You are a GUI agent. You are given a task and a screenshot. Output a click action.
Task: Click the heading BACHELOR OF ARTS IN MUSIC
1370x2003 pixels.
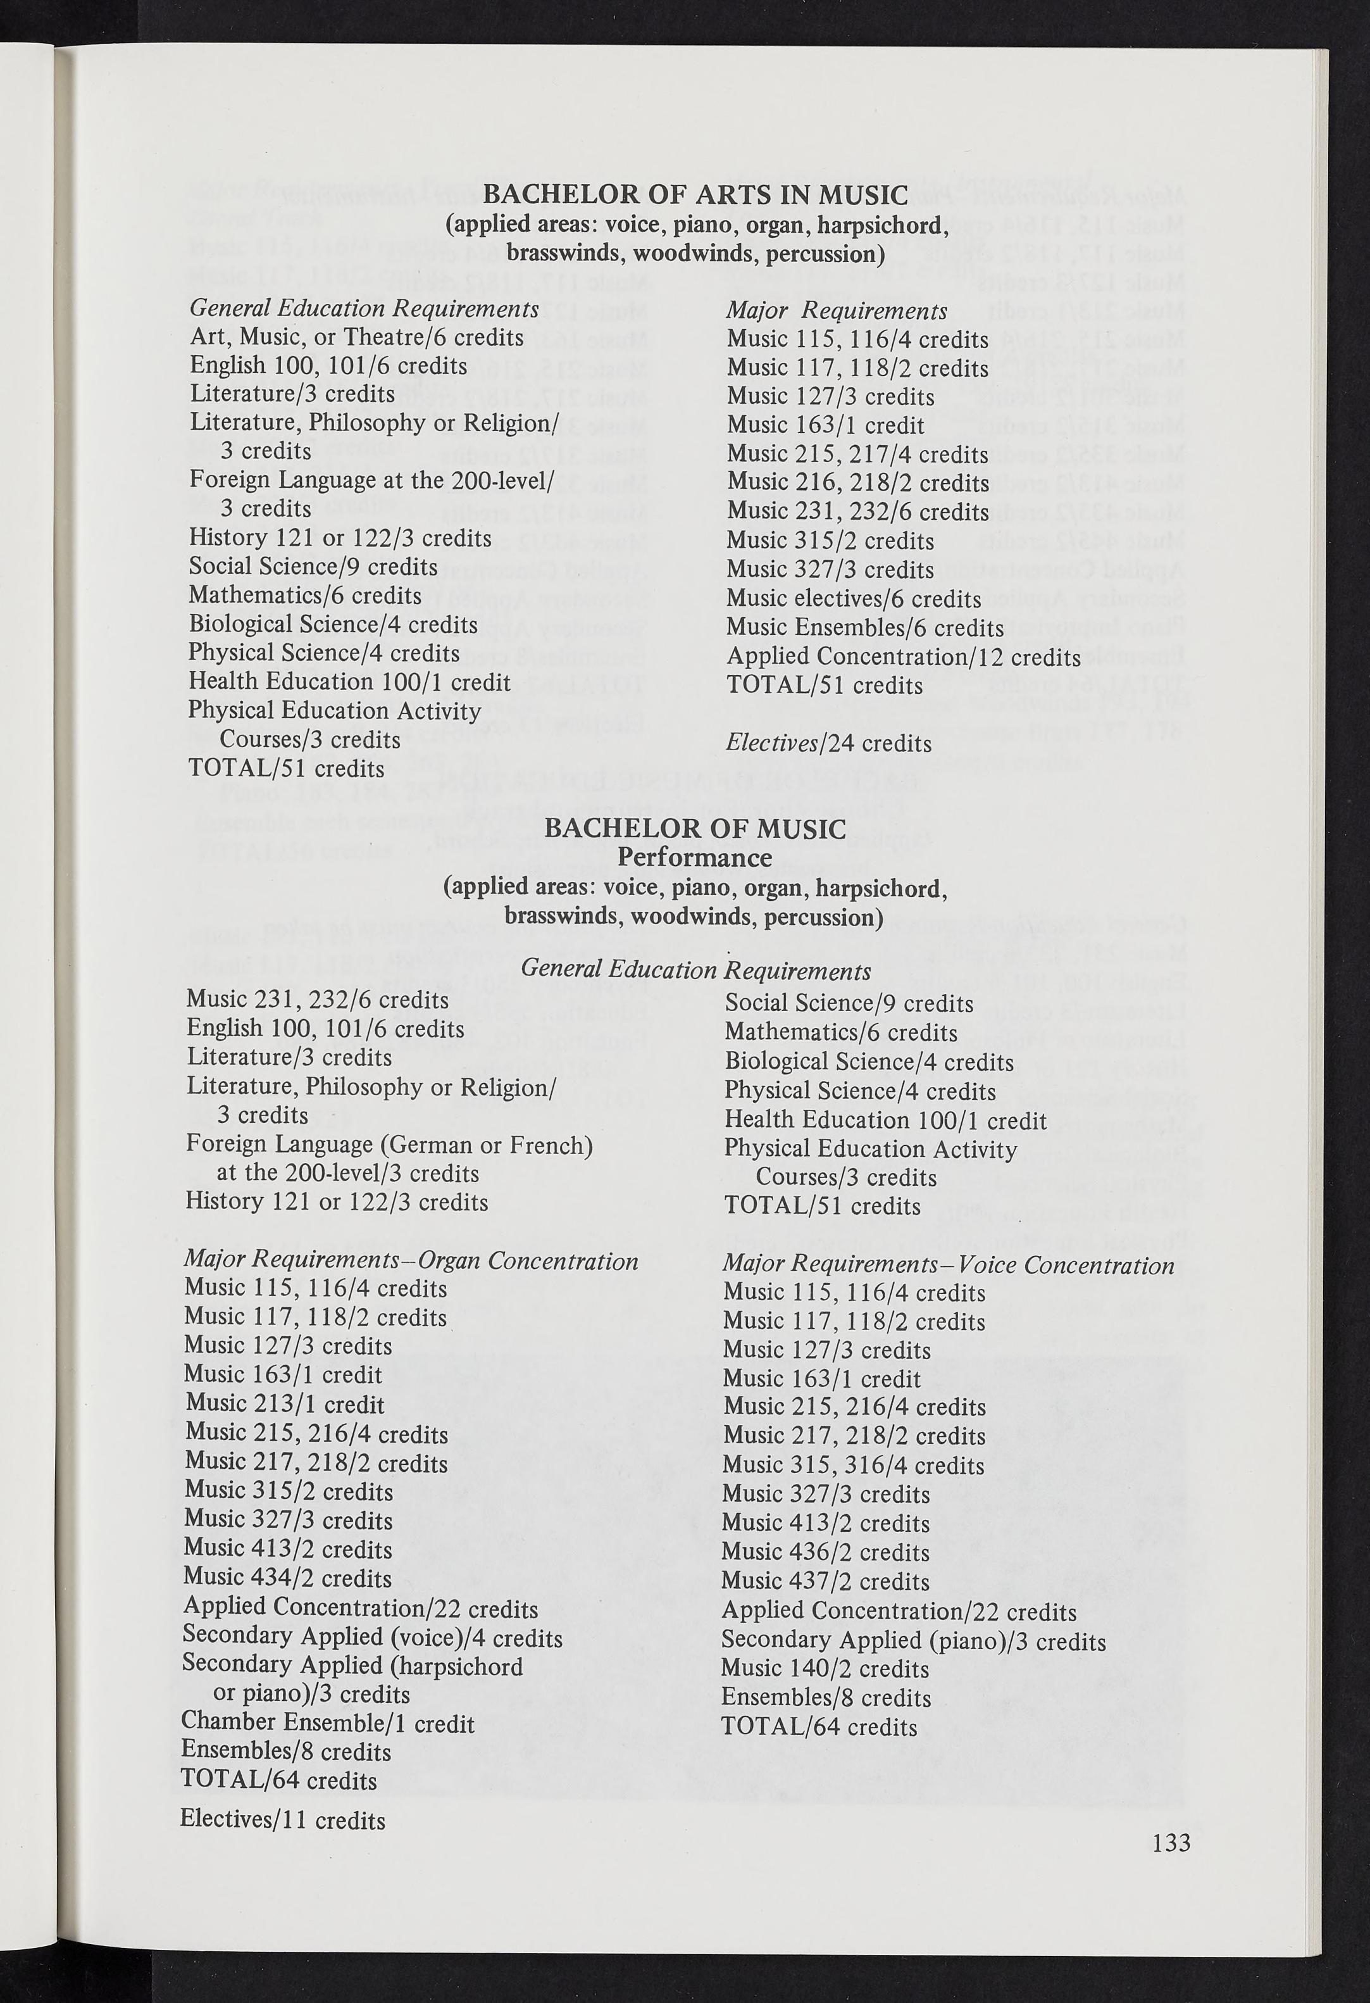[695, 195]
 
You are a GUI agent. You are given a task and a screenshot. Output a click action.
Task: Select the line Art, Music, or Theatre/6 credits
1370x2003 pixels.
[357, 337]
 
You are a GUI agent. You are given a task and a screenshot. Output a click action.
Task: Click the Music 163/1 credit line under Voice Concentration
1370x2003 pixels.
[821, 1379]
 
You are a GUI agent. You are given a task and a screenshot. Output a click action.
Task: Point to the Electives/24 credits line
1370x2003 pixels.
[828, 743]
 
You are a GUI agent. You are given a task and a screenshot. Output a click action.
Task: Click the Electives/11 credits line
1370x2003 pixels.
[283, 1819]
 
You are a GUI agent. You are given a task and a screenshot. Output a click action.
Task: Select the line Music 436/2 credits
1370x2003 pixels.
[825, 1552]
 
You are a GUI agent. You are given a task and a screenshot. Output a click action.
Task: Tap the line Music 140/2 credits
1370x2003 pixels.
[825, 1669]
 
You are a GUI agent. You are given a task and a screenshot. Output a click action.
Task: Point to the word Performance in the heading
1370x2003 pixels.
[694, 858]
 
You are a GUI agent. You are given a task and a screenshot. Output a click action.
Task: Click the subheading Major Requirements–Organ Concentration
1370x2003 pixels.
[411, 1261]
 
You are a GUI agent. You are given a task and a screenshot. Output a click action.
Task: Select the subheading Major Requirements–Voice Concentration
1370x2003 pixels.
[948, 1265]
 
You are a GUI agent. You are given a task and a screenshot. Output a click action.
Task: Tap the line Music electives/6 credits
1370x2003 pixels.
[853, 599]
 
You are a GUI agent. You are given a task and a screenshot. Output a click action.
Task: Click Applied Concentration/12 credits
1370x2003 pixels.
[903, 656]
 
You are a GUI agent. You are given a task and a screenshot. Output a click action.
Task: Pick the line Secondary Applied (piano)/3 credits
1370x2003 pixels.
[913, 1640]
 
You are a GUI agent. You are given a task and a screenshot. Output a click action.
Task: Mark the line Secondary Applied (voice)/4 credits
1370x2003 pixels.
[372, 1636]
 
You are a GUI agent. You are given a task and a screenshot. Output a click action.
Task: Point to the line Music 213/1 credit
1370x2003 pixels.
[284, 1404]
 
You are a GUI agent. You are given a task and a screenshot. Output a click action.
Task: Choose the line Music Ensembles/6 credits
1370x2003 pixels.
[865, 628]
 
